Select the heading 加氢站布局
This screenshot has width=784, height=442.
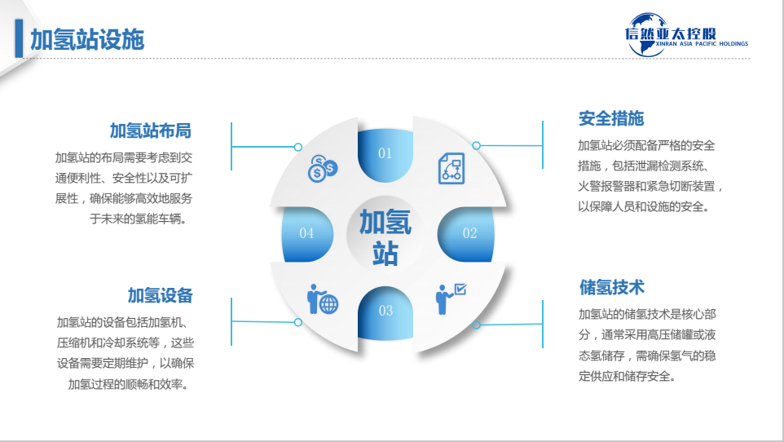(x=150, y=130)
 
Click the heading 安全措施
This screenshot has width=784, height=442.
(x=611, y=118)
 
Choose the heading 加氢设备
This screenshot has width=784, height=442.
(x=160, y=295)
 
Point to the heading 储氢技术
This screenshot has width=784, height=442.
(x=611, y=287)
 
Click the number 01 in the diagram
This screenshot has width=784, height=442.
(x=385, y=153)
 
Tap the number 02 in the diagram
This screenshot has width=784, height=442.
(x=469, y=233)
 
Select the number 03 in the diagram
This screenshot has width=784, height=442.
(x=385, y=311)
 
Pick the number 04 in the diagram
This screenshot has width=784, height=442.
(x=306, y=233)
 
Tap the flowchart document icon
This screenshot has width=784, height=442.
(x=451, y=168)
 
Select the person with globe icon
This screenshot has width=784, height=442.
(x=322, y=299)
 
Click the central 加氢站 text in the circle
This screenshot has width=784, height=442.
(x=385, y=236)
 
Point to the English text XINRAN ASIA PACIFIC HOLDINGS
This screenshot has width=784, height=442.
(x=686, y=44)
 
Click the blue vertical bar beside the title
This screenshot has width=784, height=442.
(x=18, y=39)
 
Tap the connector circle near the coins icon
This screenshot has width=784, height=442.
(x=298, y=147)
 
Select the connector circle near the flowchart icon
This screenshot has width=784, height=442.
(x=476, y=145)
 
